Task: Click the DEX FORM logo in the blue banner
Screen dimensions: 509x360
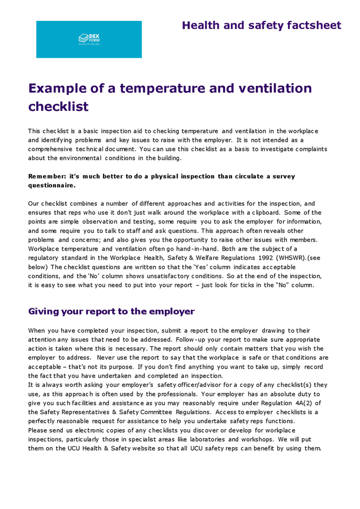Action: [x=89, y=39]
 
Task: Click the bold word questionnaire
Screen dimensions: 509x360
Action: [x=51, y=185]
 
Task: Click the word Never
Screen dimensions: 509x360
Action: [x=109, y=357]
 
